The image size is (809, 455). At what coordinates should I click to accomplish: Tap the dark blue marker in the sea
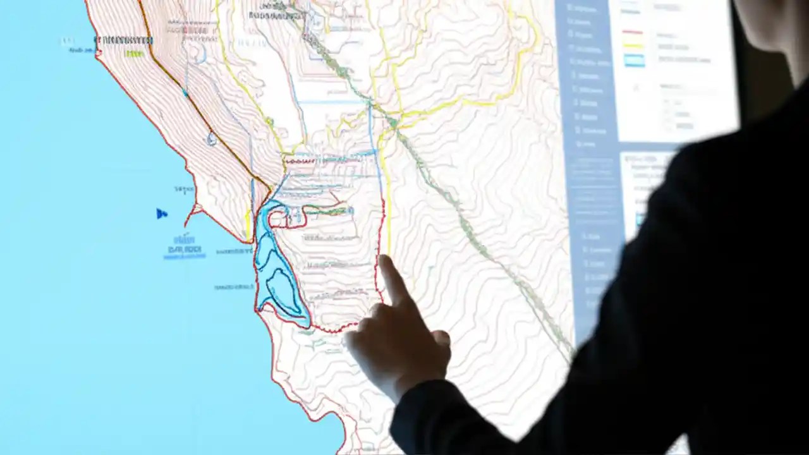162,214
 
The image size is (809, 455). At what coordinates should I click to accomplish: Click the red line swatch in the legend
633,32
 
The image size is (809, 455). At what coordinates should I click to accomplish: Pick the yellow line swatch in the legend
633,45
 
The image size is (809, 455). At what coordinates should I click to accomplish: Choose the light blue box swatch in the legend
634,60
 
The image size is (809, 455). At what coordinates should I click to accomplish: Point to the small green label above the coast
134,54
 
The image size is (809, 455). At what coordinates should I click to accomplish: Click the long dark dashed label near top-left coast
123,40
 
